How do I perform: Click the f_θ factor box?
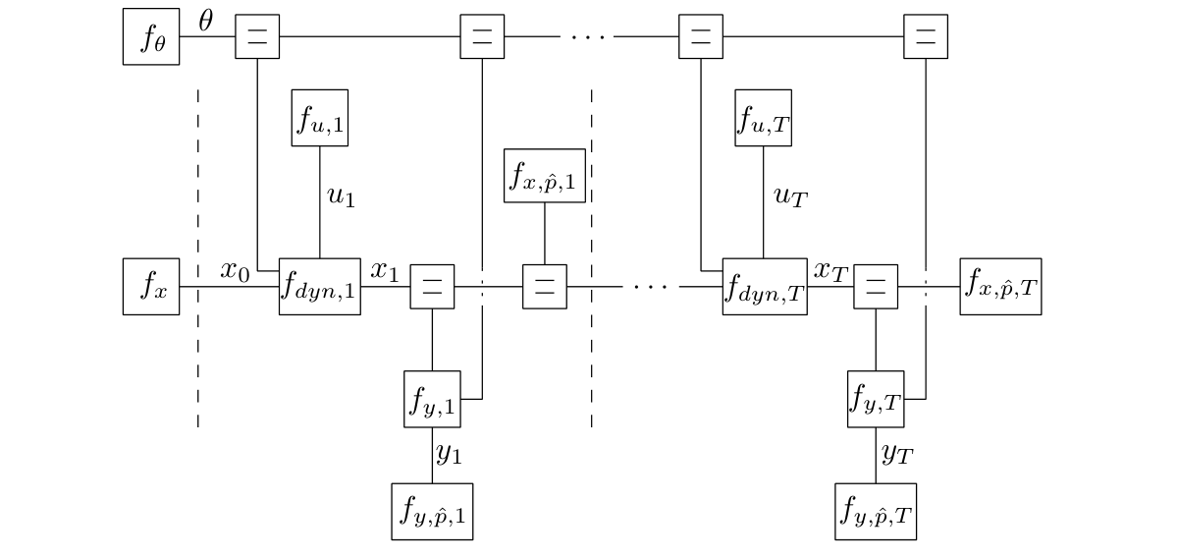pos(151,37)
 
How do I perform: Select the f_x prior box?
pos(151,287)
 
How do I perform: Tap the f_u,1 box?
pos(320,118)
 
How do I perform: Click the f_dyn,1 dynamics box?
pos(320,287)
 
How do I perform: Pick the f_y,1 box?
pos(432,399)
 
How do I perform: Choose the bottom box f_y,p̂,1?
pos(432,512)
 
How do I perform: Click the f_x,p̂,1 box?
pos(545,176)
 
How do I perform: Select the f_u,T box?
pos(764,118)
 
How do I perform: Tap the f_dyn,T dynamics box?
pos(765,287)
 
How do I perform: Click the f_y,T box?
pos(876,399)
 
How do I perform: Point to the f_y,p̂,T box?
pos(876,512)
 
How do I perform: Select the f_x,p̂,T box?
pos(1000,287)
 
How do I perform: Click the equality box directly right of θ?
pos(257,37)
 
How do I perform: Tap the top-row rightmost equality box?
pos(925,37)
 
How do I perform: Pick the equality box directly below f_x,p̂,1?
pos(545,287)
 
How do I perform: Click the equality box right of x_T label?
pos(876,287)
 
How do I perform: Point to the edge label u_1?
pos(340,196)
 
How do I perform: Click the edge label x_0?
pos(236,271)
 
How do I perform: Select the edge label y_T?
pos(898,456)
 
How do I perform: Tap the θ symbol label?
pos(205,22)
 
